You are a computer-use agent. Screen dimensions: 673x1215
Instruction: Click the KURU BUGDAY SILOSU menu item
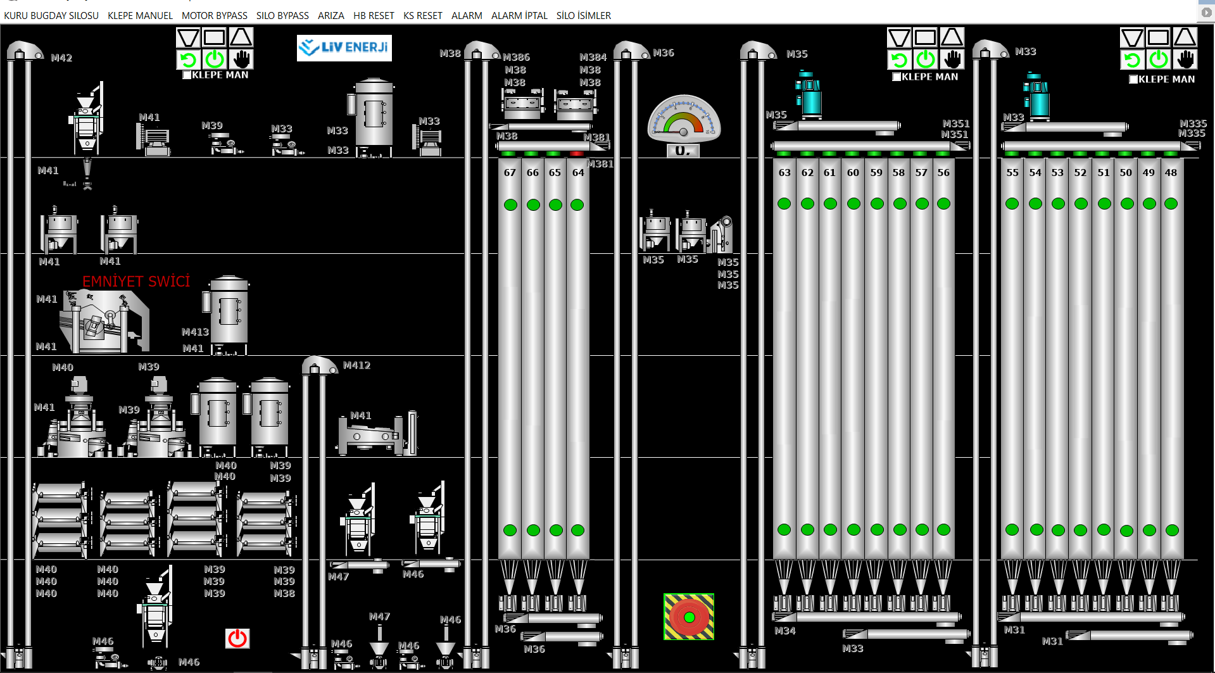(51, 15)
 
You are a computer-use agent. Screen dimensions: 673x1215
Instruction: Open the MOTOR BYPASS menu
(215, 15)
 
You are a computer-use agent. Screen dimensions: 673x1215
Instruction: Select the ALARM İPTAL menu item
(519, 15)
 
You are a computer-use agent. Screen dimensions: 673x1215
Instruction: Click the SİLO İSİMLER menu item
(584, 15)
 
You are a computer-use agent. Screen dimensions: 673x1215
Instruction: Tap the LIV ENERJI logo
(344, 47)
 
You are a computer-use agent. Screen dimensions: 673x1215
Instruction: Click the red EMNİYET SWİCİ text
(136, 281)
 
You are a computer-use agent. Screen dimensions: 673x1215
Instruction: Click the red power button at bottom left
(237, 638)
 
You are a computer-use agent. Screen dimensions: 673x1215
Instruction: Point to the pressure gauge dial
(684, 119)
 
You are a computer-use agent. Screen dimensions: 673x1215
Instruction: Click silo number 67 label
(510, 172)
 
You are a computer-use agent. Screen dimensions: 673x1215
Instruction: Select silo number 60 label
(853, 172)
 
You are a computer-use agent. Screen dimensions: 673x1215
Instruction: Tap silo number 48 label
(1171, 172)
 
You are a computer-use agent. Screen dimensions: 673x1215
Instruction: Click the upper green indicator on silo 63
(784, 203)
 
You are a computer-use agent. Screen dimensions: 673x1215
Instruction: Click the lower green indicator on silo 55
(1012, 530)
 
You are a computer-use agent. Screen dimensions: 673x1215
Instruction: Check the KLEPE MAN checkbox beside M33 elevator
(1133, 79)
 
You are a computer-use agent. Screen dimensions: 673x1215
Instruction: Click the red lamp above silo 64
(576, 154)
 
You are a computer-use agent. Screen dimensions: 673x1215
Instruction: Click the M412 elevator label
(356, 365)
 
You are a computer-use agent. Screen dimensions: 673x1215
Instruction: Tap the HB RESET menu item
(374, 15)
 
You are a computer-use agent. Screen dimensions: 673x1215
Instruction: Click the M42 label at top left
(61, 58)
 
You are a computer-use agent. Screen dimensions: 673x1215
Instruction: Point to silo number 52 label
(1080, 172)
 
